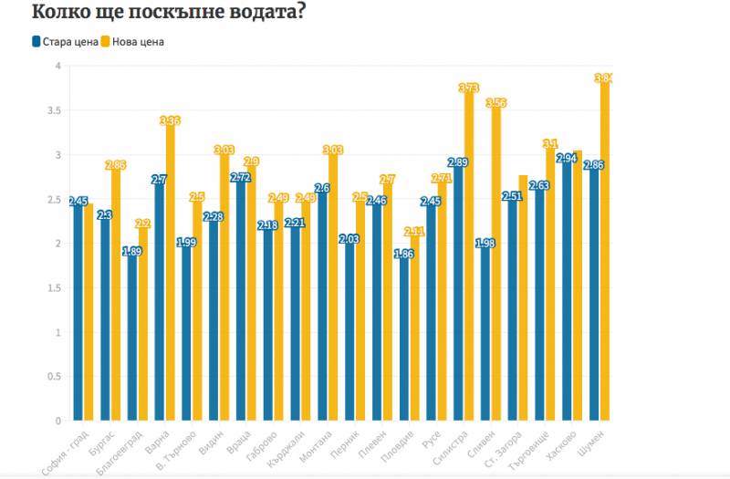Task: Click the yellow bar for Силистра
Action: [469, 255]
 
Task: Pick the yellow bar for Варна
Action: [169, 274]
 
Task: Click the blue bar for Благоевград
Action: [132, 338]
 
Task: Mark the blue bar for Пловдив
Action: [404, 339]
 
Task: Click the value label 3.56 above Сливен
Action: [496, 103]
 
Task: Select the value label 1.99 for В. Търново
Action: [186, 243]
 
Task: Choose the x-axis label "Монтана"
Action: [326, 447]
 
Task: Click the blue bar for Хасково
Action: [566, 292]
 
